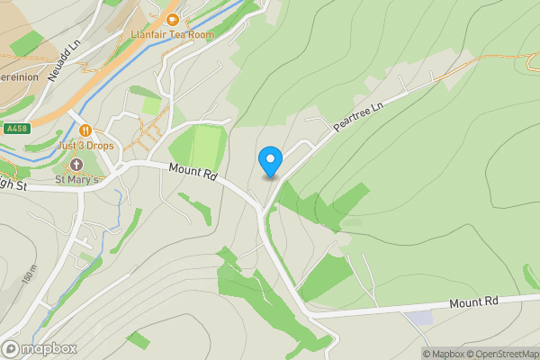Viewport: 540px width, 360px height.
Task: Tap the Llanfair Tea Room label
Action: [174, 34]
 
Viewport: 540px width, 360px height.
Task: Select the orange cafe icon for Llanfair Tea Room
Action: [173, 18]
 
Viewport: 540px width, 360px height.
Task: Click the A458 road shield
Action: [15, 129]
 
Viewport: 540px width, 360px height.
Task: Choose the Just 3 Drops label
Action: [86, 145]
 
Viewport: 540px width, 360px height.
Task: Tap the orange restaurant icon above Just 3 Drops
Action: [85, 130]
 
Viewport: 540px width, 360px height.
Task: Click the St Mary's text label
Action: [77, 179]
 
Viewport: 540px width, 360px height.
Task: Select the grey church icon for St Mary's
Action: [76, 165]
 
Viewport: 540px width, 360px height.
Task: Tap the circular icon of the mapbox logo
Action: [11, 349]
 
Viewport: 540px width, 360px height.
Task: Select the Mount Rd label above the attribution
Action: [473, 303]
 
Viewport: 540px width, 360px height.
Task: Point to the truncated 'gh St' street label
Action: [15, 184]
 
